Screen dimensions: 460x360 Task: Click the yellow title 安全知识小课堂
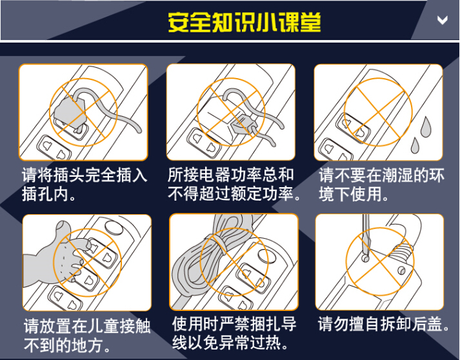245,22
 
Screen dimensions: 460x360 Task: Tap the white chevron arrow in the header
443,20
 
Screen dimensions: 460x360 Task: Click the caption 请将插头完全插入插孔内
85,185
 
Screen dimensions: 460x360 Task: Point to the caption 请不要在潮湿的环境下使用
382,185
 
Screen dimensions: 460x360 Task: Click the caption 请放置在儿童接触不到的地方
87,335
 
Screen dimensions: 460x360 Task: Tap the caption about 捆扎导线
234,333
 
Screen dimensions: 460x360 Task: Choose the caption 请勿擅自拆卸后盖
383,324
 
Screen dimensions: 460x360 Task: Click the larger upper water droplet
426,126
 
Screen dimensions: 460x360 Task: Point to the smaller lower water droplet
415,146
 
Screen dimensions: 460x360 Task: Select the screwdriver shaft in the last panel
366,235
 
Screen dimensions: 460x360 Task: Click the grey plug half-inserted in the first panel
70,111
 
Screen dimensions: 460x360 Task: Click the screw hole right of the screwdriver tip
401,270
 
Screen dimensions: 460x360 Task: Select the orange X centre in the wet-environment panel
377,112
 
